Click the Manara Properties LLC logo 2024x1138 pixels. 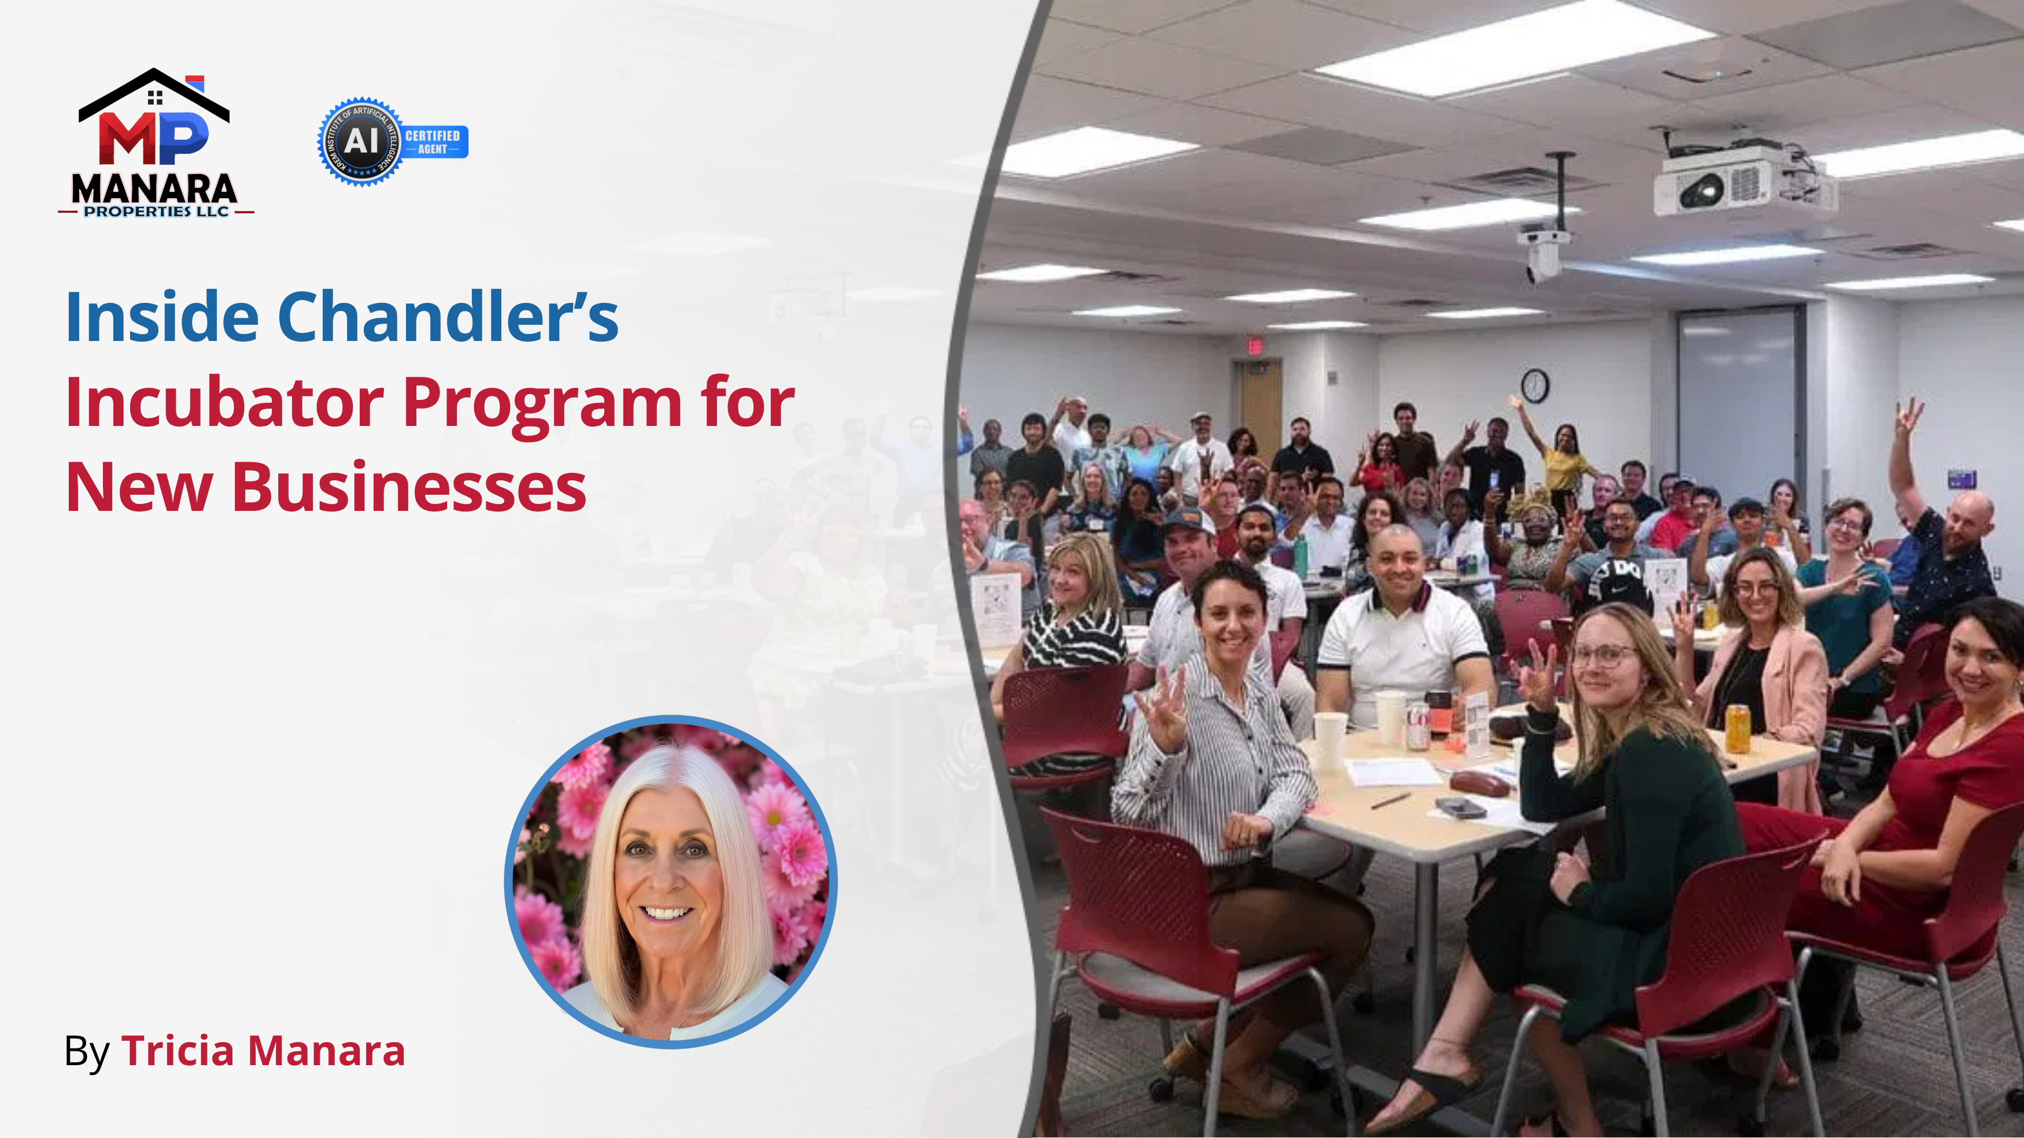[155, 144]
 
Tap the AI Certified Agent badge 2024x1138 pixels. [392, 142]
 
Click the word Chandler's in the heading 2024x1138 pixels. [448, 317]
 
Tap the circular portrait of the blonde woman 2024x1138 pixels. [670, 881]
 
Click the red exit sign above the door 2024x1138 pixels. [1255, 346]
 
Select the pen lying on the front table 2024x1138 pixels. [1390, 800]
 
